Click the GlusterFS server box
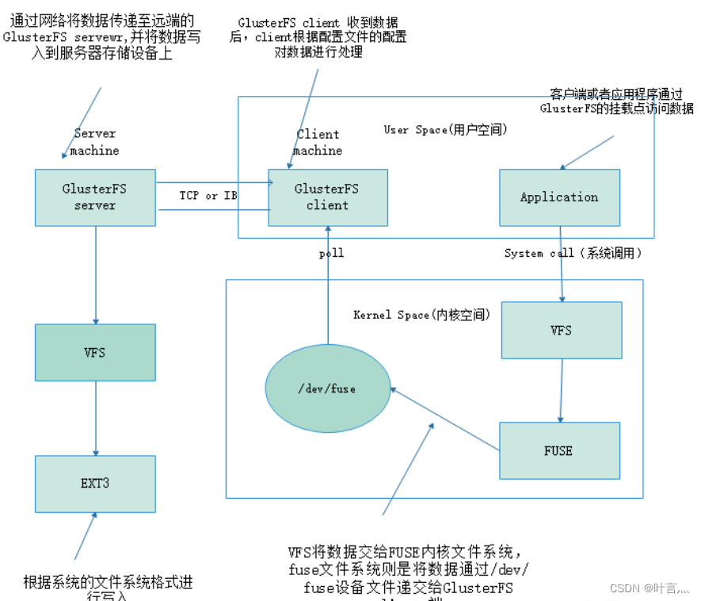[95, 197]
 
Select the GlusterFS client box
[327, 197]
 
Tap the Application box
[559, 197]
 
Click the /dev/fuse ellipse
[328, 389]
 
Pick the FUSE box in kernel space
[558, 450]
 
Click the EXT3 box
[95, 484]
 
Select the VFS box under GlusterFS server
[95, 352]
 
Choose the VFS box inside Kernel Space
[562, 330]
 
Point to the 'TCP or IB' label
[208, 195]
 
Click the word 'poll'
[331, 254]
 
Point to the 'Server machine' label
[94, 142]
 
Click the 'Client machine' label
[318, 142]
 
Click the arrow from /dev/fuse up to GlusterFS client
[328, 285]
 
